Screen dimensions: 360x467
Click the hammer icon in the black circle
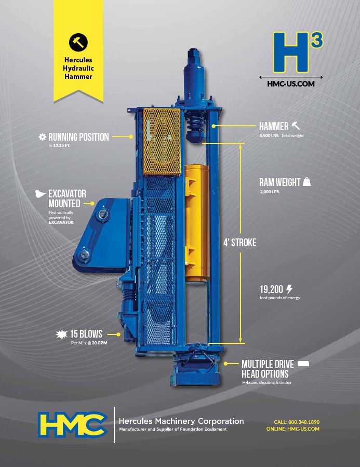[x=78, y=42]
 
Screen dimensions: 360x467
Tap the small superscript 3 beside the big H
[x=317, y=40]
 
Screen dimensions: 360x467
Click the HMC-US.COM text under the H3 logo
[x=290, y=84]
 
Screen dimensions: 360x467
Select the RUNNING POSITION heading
[x=78, y=137]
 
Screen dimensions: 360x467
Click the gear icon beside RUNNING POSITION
[x=42, y=137]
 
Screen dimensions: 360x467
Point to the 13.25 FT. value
[x=61, y=146]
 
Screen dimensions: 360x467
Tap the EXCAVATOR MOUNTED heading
[x=68, y=198]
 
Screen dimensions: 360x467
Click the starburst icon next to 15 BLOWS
[x=61, y=335]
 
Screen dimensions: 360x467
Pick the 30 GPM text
[x=99, y=343]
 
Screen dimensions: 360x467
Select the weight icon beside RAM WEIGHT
[x=306, y=182]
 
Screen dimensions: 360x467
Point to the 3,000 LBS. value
[x=270, y=192]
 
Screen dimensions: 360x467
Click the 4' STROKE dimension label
[x=239, y=243]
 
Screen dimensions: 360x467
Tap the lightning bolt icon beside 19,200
[x=289, y=289]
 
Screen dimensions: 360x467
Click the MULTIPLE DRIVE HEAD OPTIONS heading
[x=268, y=369]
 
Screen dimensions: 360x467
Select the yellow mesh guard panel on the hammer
[x=162, y=142]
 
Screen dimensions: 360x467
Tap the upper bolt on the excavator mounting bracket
[x=102, y=214]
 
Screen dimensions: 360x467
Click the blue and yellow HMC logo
[x=73, y=424]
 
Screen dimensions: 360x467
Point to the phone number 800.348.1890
[x=304, y=422]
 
